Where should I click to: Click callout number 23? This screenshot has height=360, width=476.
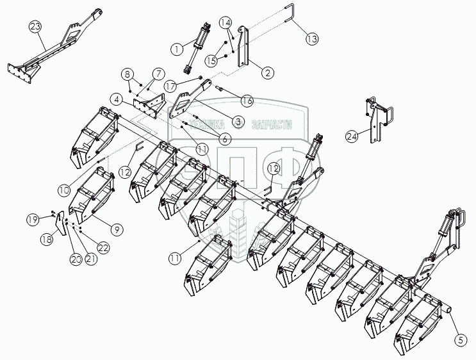(x=35, y=28)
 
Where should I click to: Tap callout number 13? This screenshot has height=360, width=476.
(x=311, y=39)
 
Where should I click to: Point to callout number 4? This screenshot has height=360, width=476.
(x=117, y=99)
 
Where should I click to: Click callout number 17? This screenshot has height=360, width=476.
(x=170, y=85)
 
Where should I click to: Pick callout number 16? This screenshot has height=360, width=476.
(x=246, y=100)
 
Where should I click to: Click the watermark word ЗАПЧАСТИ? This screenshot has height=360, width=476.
(x=274, y=125)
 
